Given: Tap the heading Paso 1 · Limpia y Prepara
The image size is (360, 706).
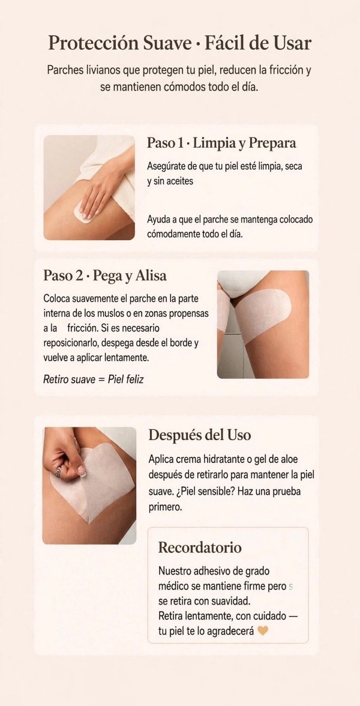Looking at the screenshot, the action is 221,143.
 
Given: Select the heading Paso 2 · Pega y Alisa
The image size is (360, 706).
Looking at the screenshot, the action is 105,276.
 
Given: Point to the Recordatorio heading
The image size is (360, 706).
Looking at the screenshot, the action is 200,548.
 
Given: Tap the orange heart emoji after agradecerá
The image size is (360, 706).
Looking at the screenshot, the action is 263,631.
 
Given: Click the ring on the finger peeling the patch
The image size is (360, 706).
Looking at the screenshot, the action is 59,471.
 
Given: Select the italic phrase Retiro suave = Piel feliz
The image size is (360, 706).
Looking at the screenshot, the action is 93,379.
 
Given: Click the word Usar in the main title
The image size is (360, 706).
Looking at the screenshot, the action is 293,44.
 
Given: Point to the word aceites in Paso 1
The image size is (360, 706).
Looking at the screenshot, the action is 179,181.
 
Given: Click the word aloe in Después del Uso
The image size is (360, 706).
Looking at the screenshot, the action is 301,460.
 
